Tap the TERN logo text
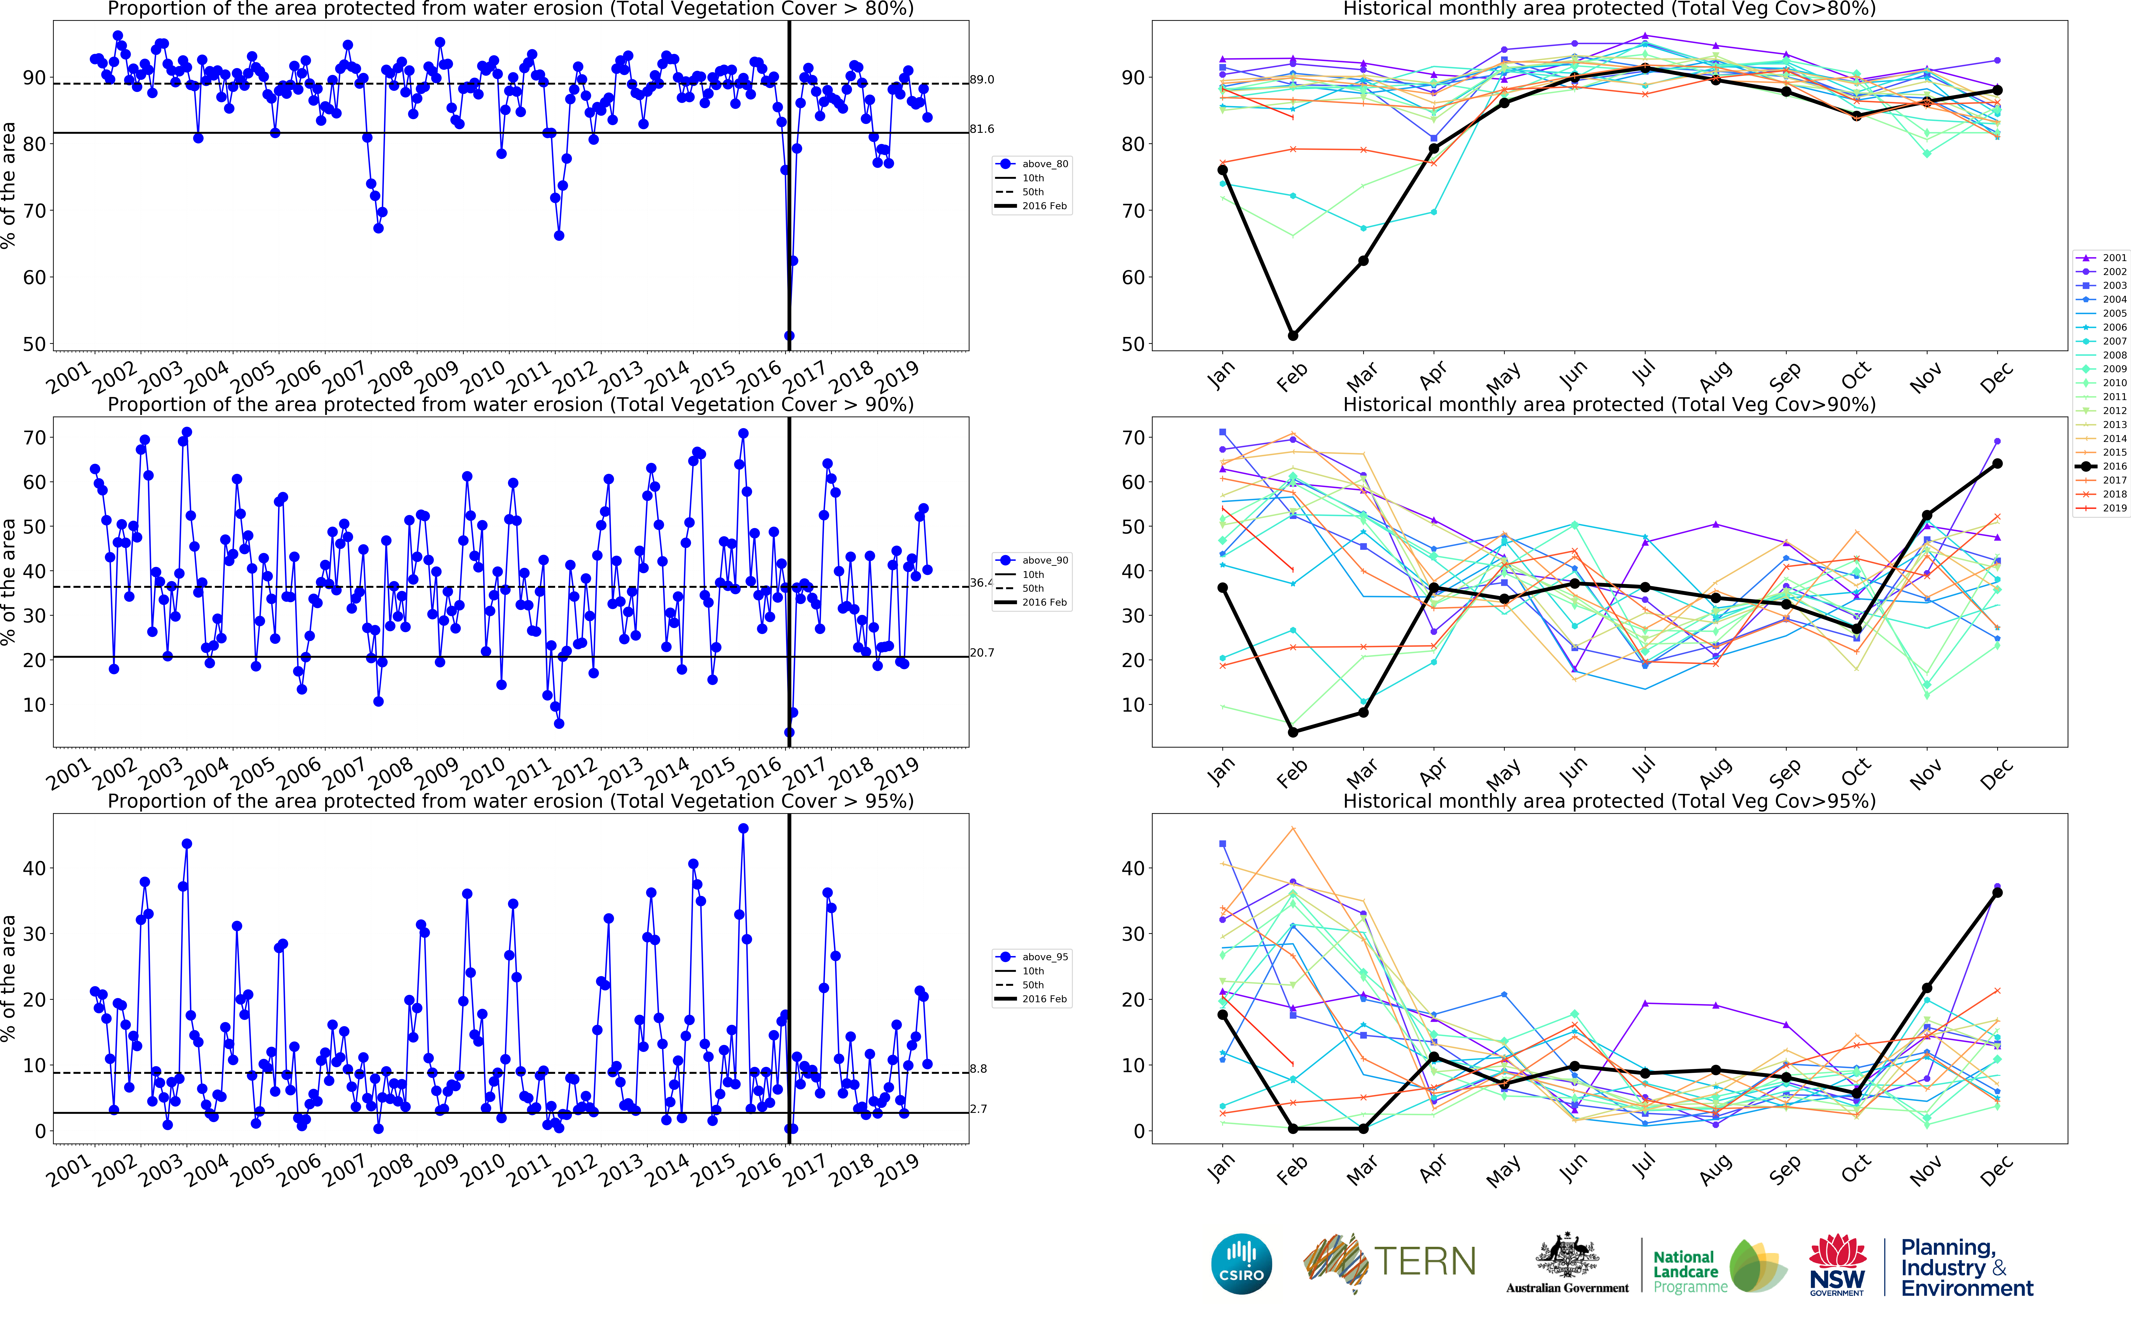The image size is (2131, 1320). click(x=1425, y=1262)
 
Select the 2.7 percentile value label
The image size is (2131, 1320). click(x=979, y=1109)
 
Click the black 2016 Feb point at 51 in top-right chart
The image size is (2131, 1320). click(x=1293, y=335)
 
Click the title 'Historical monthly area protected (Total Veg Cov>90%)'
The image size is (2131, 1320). click(x=1609, y=404)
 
